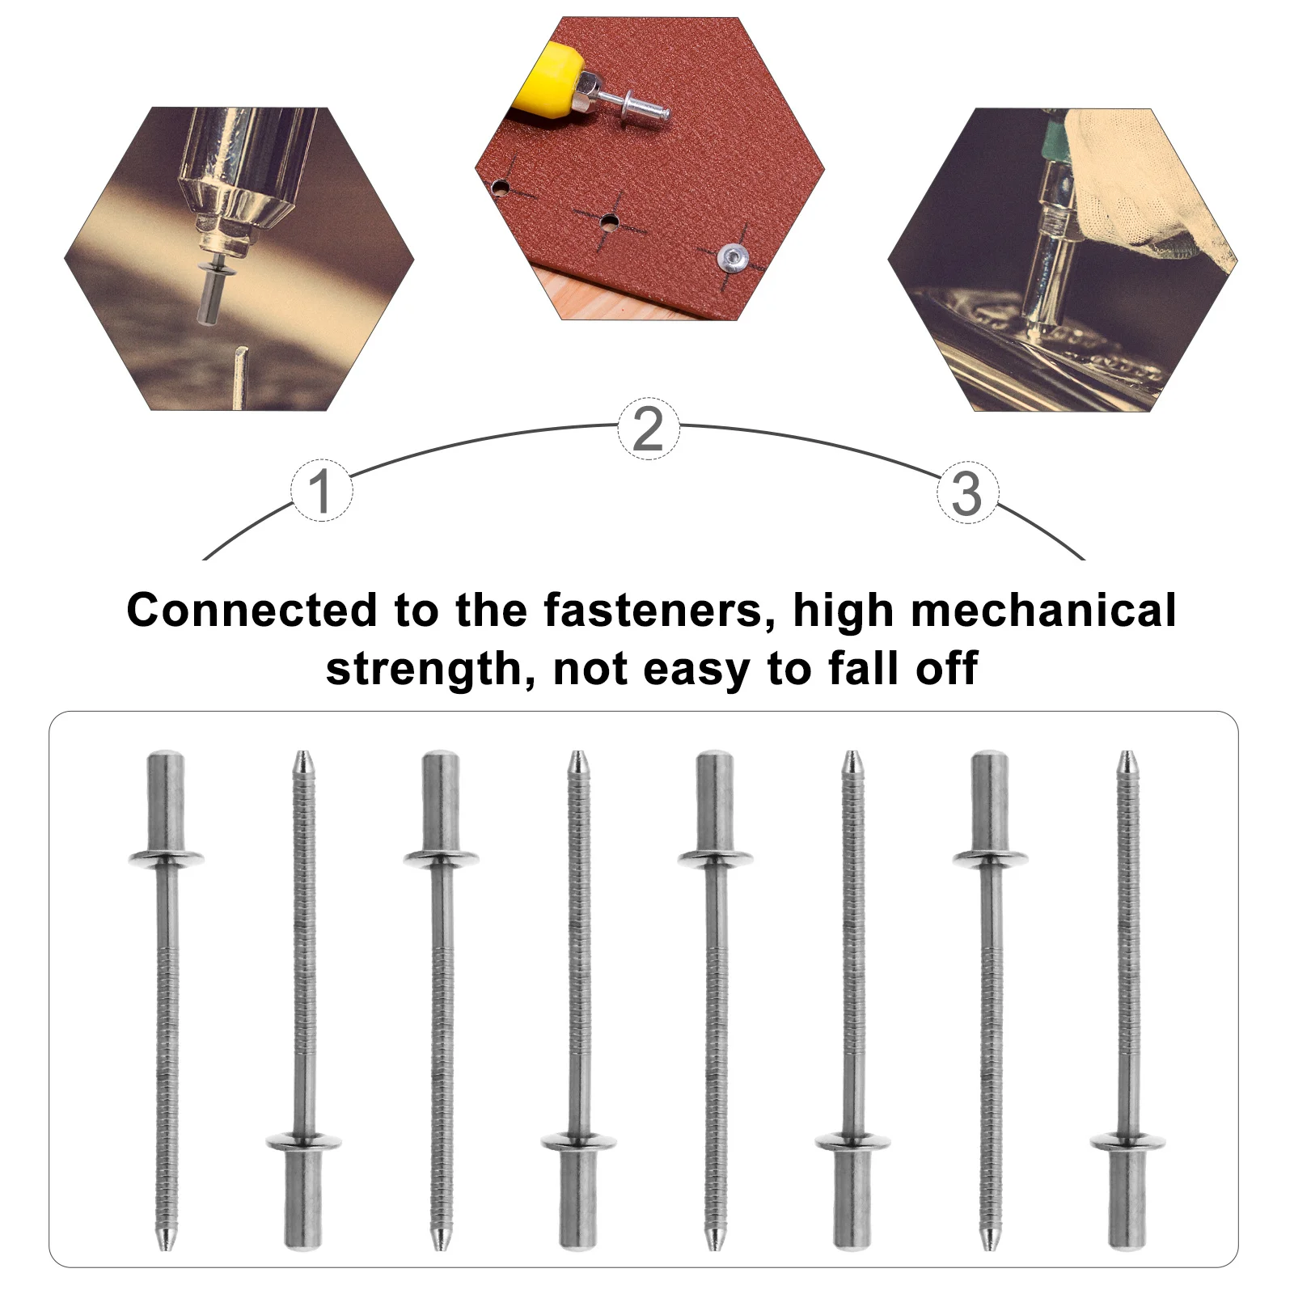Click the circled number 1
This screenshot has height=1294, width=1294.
coord(321,490)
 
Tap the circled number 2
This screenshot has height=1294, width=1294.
coord(648,429)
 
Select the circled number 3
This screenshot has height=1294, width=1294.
coord(967,493)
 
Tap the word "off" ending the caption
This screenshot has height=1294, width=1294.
coord(947,669)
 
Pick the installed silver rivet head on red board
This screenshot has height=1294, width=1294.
coord(732,258)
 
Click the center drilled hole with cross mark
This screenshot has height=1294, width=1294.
coord(609,220)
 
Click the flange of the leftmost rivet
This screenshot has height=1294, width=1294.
coord(166,858)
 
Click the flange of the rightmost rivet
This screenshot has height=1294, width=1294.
coord(1127,1143)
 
